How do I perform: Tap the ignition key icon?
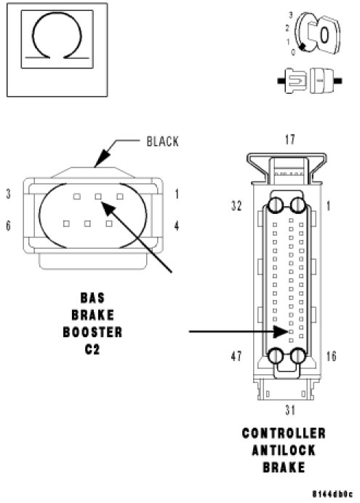click(317, 33)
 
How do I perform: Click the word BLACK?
click(162, 141)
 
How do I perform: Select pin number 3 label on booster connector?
click(8, 194)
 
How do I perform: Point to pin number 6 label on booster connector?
click(8, 226)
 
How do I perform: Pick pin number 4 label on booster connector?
click(176, 226)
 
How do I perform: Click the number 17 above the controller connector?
click(289, 140)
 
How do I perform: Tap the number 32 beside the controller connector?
click(236, 205)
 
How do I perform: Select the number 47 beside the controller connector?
click(236, 356)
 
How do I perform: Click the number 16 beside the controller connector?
click(331, 356)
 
